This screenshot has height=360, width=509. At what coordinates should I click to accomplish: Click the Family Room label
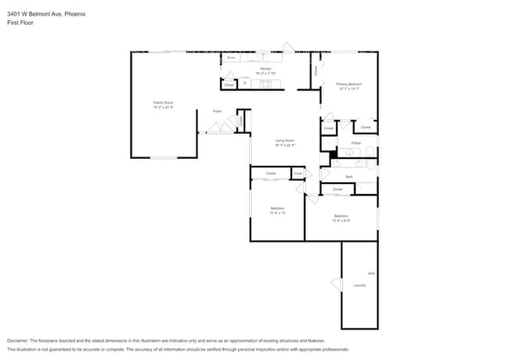point(163,103)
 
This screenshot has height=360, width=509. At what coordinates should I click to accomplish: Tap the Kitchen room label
point(265,69)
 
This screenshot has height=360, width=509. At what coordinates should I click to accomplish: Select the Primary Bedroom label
point(349,84)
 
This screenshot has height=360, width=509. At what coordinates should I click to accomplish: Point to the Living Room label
point(284,140)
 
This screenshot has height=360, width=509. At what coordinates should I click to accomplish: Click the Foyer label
point(217,111)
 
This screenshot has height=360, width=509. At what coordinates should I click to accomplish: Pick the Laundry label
point(359,285)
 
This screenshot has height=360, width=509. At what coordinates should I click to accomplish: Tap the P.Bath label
point(356,143)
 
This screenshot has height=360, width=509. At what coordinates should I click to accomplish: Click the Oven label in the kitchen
point(231,57)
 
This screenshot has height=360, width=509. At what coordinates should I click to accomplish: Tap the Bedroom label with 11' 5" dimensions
point(277,207)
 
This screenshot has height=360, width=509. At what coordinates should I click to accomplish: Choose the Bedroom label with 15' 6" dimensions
point(341,215)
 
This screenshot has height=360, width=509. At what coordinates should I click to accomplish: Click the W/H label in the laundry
point(371,272)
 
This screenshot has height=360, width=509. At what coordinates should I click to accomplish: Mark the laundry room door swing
point(337,283)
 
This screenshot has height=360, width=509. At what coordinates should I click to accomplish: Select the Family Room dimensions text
point(163,107)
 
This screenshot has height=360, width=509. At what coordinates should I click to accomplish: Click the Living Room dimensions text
point(284,145)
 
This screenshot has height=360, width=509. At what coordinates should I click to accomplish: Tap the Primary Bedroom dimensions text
point(349,88)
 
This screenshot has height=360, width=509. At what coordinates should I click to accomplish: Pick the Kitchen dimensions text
point(265,74)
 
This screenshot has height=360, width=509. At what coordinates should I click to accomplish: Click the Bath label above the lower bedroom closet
point(349,177)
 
